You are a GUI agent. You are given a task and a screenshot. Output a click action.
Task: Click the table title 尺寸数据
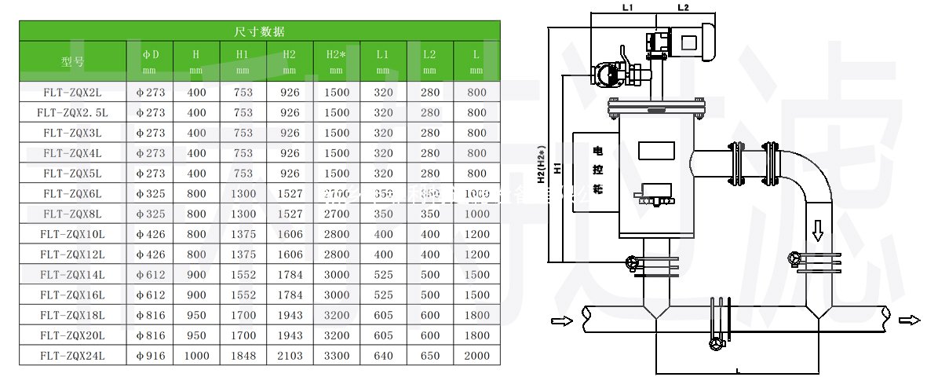pyautogui.click(x=259, y=31)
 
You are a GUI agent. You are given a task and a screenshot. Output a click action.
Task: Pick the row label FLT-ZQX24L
pyautogui.click(x=74, y=357)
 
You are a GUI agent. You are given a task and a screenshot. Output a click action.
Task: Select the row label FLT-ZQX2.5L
pyautogui.click(x=74, y=112)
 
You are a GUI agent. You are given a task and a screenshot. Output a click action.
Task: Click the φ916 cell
pyautogui.click(x=151, y=357)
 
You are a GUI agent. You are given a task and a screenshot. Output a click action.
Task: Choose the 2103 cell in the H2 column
pyautogui.click(x=289, y=357)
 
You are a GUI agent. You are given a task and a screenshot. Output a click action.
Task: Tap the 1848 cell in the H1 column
pyautogui.click(x=243, y=357)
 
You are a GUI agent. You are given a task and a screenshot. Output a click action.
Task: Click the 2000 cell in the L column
pyautogui.click(x=476, y=357)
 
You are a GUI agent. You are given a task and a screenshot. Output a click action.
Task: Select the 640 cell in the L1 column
pyautogui.click(x=383, y=357)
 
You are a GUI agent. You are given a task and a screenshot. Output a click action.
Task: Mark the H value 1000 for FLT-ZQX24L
pyautogui.click(x=196, y=357)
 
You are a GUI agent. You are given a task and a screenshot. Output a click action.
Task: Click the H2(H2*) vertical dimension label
pyautogui.click(x=542, y=164)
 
